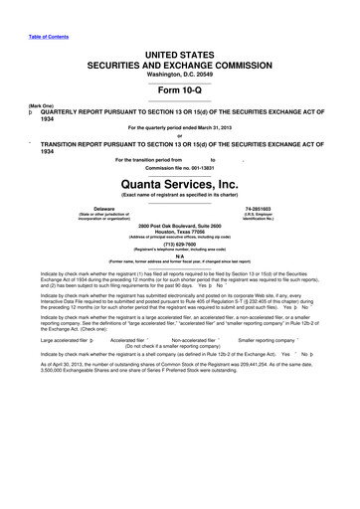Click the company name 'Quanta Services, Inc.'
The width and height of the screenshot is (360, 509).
(180, 183)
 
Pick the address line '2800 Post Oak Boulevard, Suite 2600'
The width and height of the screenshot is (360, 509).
(180, 227)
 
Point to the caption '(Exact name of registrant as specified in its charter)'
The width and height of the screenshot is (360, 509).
(180, 196)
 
